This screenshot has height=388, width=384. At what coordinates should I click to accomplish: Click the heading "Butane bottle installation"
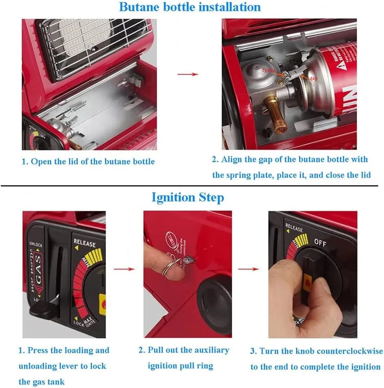pos(190,7)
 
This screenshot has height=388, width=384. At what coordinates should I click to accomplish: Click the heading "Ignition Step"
pos(188,198)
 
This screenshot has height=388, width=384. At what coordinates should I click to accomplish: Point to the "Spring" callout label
pos(270,70)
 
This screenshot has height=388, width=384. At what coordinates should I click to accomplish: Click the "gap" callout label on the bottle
pos(313,79)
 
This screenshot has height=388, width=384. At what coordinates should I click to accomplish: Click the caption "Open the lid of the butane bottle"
pos(88,161)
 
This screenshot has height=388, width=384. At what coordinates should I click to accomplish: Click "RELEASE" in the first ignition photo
pos(84,243)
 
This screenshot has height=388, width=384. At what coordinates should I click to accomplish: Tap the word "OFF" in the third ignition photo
pos(320,242)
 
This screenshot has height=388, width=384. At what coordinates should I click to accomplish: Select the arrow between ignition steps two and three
pos(248,269)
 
